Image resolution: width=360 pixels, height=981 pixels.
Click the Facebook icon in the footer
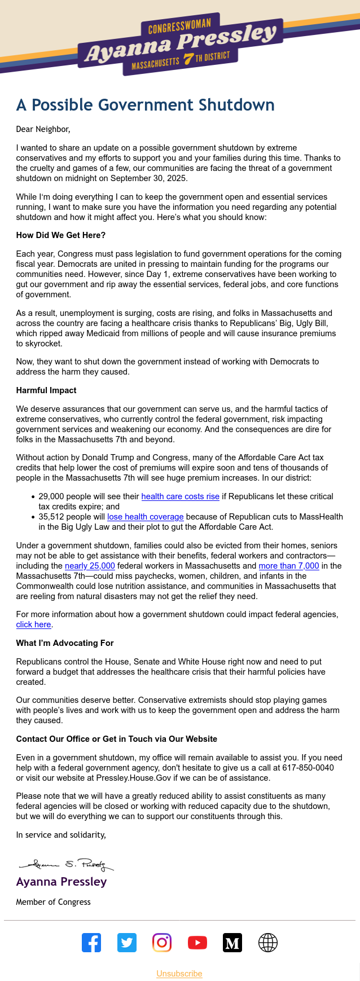(91, 943)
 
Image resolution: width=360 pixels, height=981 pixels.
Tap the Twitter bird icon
(127, 943)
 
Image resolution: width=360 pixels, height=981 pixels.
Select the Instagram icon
(162, 943)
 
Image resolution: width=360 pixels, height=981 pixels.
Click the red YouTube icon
(197, 943)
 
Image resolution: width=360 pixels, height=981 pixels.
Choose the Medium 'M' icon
(232, 943)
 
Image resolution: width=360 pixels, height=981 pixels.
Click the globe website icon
(268, 943)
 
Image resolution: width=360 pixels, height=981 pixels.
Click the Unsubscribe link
(179, 974)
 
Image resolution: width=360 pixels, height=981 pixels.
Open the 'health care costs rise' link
(180, 496)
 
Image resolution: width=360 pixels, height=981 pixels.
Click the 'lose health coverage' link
(146, 517)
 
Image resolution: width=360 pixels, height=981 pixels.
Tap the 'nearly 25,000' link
(90, 566)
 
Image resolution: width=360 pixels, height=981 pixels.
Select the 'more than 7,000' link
(289, 566)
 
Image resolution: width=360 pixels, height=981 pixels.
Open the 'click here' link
(33, 624)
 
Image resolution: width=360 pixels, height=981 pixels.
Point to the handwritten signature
(67, 864)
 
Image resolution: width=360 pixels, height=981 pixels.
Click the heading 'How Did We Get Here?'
(61, 235)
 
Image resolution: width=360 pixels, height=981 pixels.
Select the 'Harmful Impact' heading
(46, 390)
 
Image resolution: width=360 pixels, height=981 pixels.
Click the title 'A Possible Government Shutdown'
(146, 105)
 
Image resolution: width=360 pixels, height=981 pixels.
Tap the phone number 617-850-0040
(309, 768)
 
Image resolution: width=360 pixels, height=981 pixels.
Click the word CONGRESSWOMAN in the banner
(179, 26)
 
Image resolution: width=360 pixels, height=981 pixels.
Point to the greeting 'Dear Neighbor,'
(43, 129)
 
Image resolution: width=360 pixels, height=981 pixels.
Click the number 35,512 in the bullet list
(52, 517)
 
